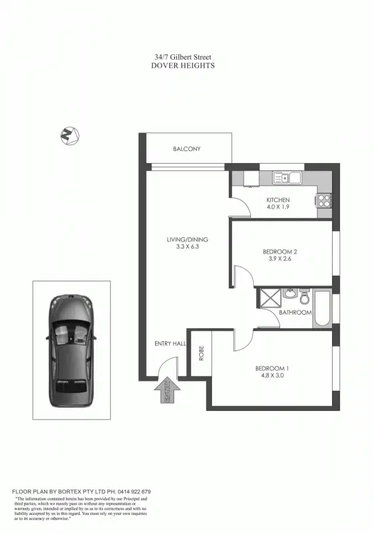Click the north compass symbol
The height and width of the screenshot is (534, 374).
(69, 135)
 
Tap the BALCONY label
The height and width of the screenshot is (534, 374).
(187, 149)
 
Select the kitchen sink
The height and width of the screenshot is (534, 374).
(287, 179)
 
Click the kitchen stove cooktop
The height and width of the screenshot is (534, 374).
(324, 200)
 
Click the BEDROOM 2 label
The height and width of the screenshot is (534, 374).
(279, 252)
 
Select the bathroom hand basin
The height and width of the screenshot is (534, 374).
(288, 294)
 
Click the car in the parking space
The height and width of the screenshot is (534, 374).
(71, 351)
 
